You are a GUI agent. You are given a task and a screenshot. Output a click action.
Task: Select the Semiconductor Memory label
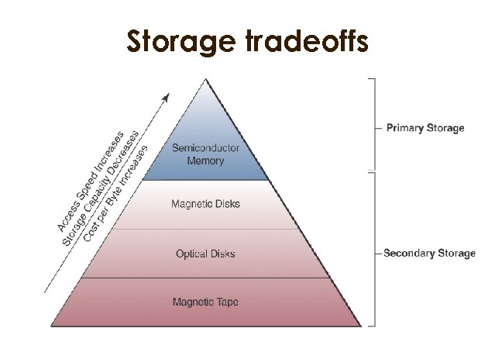pos(205,154)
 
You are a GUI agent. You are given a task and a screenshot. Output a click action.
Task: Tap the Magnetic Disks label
pos(205,204)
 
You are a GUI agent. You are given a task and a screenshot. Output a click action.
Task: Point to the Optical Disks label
pos(205,254)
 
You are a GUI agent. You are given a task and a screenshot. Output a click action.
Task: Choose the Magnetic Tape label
pos(205,301)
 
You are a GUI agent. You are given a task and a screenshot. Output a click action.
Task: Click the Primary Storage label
pos(425,128)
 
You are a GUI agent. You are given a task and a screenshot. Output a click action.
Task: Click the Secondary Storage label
pos(430,254)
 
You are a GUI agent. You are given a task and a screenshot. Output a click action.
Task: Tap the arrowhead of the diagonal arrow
pos(167,97)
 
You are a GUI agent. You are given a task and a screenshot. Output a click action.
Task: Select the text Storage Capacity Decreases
pos(101,186)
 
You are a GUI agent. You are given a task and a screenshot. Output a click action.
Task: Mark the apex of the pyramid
pos(205,79)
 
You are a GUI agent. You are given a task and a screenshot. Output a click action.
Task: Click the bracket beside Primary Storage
pos(375,124)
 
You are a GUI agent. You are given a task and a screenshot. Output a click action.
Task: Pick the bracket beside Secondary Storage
pos(375,248)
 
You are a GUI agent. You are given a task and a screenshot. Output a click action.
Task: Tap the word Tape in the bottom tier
pos(227,301)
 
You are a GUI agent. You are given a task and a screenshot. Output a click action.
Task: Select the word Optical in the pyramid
pos(190,254)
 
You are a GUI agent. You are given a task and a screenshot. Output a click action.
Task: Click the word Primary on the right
pos(404,128)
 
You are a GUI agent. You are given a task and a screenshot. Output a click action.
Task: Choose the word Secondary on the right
pos(410,254)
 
